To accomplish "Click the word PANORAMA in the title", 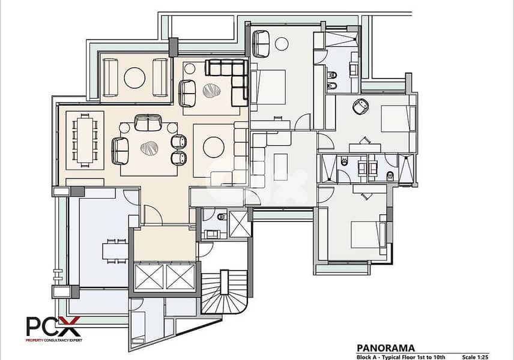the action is (385, 348).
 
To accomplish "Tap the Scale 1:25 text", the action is (475, 358).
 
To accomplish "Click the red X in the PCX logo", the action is (70, 326).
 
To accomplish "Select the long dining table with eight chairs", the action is (85, 140).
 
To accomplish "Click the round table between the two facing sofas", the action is (135, 77).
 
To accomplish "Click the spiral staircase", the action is (224, 292).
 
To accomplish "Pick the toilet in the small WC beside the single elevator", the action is (222, 217).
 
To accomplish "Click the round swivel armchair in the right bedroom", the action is (361, 106).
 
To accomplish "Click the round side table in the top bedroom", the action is (282, 44).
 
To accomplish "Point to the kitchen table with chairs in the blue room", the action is (115, 251).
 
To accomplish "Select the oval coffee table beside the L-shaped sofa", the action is (211, 91).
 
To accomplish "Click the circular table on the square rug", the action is (213, 147).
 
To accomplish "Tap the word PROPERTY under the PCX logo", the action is (34, 340).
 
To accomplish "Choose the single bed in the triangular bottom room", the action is (139, 327).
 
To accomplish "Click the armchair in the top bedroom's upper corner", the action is (261, 44).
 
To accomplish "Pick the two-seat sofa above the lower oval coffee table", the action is (148, 123).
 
